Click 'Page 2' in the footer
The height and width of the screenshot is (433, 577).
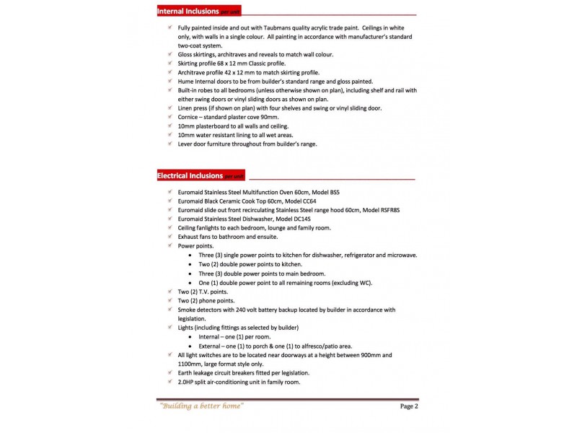pos(409,406)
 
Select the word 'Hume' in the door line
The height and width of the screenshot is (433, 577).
pos(186,82)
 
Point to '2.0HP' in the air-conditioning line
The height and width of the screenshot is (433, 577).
pos(187,382)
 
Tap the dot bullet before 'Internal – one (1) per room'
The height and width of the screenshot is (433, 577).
pos(190,336)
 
